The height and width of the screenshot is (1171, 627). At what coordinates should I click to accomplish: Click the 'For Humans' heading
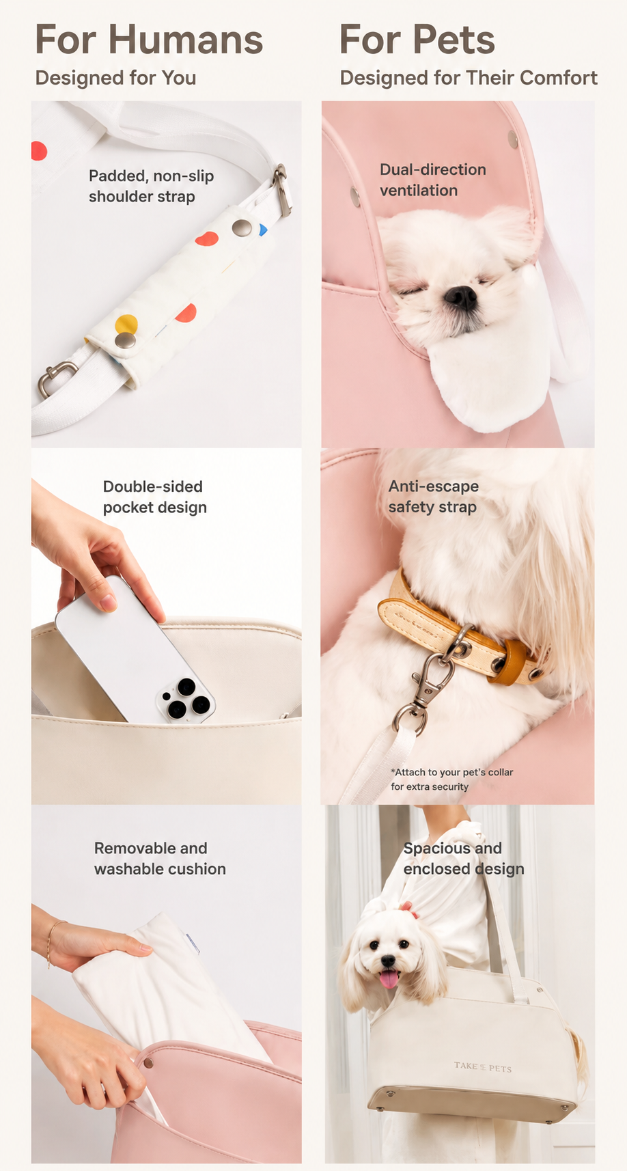[x=149, y=40]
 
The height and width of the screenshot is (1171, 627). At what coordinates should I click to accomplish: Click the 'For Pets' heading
[x=417, y=40]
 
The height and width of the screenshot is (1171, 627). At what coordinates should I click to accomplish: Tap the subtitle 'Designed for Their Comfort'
[x=469, y=78]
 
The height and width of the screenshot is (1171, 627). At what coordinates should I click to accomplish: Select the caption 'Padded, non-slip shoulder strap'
[x=151, y=186]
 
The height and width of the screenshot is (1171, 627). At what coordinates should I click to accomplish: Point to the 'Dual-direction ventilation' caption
[x=432, y=180]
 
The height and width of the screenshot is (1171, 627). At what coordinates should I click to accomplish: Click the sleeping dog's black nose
[x=460, y=297]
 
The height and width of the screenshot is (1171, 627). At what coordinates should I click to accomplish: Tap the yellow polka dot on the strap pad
[x=126, y=324]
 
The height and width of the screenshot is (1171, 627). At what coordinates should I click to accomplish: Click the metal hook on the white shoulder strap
[x=55, y=377]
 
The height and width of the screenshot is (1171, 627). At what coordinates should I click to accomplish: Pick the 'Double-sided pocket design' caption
[x=154, y=497]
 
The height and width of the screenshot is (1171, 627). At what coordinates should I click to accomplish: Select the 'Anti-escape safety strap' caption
[x=433, y=497]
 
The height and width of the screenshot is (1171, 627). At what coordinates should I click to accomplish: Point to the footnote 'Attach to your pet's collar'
[x=452, y=772]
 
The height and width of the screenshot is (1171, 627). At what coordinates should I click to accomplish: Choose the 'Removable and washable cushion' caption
[x=160, y=858]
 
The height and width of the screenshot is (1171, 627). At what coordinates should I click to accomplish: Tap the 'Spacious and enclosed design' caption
[x=464, y=858]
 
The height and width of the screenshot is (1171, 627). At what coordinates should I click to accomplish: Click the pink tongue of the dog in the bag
[x=388, y=978]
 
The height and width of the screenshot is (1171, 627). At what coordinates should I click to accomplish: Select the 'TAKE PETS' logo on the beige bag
[x=483, y=1066]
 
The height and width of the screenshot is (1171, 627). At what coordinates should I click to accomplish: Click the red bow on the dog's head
[x=410, y=909]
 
